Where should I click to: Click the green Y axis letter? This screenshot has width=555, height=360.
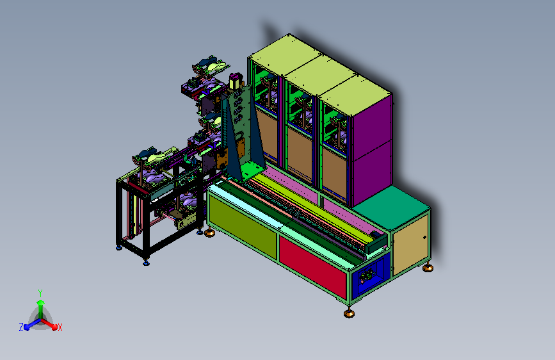click(x=40, y=293)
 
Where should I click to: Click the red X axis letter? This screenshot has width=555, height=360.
click(x=60, y=327)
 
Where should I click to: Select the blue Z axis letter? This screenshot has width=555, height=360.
click(x=21, y=327)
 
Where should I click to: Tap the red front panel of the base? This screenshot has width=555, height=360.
click(x=313, y=266)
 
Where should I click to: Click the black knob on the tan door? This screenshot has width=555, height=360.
click(x=424, y=238)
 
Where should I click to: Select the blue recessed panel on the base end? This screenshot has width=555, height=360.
click(x=371, y=274)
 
